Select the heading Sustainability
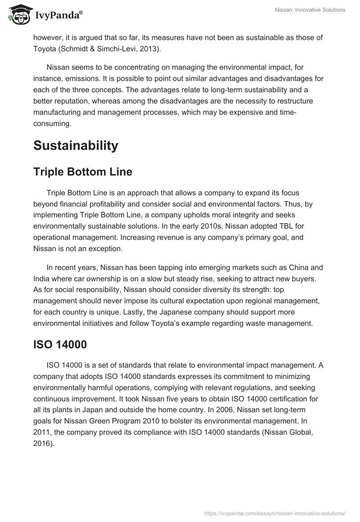pyautogui.click(x=76, y=145)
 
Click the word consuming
pyautogui.click(x=52, y=122)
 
